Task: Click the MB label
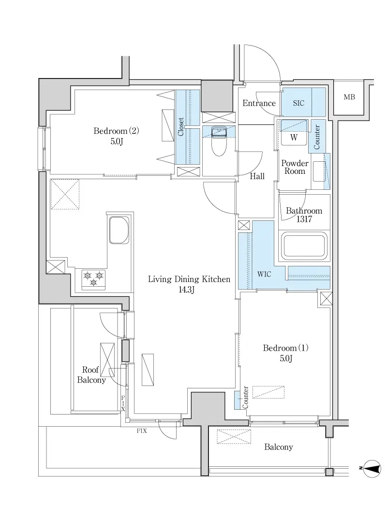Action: pos(349,97)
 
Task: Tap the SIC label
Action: pos(298,103)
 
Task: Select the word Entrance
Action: pos(259,103)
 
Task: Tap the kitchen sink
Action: pos(119,230)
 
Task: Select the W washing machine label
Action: pos(293,138)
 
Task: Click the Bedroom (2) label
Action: pos(116,136)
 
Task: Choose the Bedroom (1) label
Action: pos(286,353)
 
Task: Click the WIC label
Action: pos(264,274)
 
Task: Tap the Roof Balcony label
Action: pos(91,374)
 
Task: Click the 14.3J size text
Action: pos(186,290)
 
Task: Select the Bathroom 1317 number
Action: pos(304,219)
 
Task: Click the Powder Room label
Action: pos(295,167)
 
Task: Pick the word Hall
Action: pos(257,176)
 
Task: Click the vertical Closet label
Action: pos(180,127)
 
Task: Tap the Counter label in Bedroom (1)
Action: pos(245,397)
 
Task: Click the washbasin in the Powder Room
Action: pos(319,171)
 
